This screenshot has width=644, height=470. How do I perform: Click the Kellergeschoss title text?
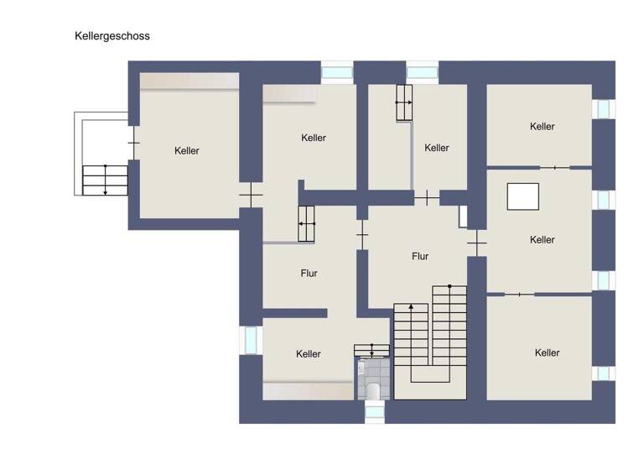tap(112, 36)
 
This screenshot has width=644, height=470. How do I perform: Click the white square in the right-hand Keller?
tap(522, 196)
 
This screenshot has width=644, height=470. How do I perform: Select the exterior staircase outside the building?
tap(105, 180)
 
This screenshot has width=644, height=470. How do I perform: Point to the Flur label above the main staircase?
tap(420, 256)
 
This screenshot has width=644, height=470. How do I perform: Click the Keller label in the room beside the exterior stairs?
tap(187, 151)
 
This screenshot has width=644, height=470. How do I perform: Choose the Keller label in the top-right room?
tap(543, 127)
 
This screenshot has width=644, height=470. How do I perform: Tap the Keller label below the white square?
tap(543, 240)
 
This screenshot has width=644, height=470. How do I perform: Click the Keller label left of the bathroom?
tap(309, 354)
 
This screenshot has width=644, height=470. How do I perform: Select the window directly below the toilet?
tap(374, 411)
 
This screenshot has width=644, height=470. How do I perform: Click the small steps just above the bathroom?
tap(371, 349)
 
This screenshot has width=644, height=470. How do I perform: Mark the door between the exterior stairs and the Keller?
tap(133, 143)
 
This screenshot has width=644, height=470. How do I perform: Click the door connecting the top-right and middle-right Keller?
tap(554, 168)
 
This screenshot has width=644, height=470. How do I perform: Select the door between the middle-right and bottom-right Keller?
tap(520, 294)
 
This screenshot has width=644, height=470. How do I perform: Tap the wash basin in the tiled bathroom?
tap(361, 368)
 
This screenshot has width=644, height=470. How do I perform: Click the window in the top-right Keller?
tap(603, 109)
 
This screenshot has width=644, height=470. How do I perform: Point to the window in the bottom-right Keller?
tap(603, 373)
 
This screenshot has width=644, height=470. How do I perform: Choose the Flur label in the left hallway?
tap(309, 274)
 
